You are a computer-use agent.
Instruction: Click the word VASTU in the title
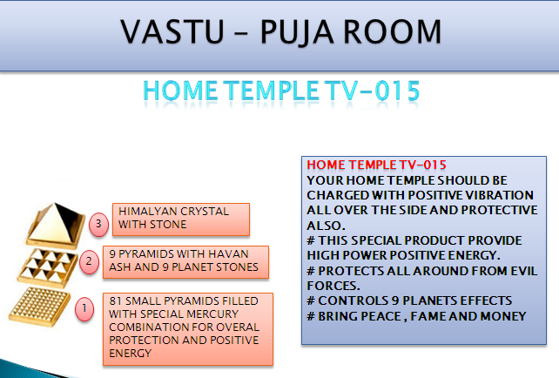click(172, 31)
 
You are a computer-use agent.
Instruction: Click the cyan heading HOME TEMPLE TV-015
click(281, 91)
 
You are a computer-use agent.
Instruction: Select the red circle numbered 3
click(98, 225)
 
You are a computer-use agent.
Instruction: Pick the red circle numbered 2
click(89, 262)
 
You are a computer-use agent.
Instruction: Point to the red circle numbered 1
click(84, 308)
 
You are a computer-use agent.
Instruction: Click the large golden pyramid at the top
click(56, 226)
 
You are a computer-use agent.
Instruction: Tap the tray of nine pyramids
click(47, 268)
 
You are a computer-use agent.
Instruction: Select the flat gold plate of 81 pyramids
click(39, 307)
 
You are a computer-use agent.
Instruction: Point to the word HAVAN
click(228, 254)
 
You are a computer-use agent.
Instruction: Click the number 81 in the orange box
click(116, 301)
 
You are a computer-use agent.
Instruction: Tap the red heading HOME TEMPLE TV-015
click(376, 165)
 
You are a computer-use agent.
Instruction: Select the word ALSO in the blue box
click(324, 226)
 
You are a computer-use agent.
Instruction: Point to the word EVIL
click(523, 271)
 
